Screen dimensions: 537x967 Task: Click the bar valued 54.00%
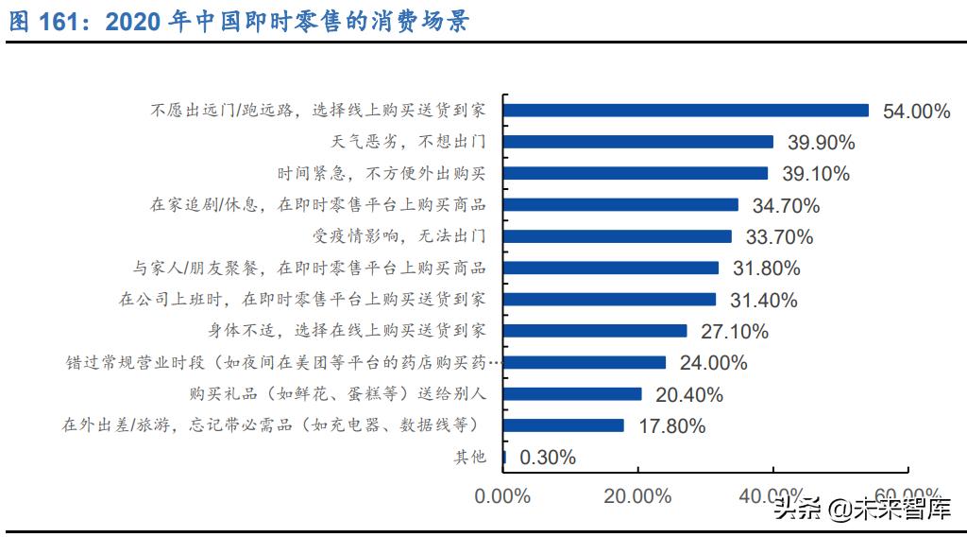[x=686, y=111]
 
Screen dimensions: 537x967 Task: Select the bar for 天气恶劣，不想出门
[x=638, y=142]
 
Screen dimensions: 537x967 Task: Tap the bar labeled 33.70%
[x=618, y=236]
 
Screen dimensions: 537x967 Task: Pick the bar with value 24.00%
[x=585, y=362]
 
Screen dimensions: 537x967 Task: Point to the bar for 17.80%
[x=564, y=425]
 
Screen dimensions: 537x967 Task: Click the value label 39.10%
[x=815, y=174]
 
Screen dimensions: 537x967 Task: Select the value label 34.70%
[x=786, y=205]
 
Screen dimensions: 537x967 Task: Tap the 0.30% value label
[x=548, y=458]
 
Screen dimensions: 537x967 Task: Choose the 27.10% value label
[x=734, y=332]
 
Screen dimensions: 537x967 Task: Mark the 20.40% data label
[x=689, y=394]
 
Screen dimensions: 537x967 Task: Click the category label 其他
[x=469, y=458]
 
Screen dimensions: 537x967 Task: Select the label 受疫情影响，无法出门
[x=399, y=236]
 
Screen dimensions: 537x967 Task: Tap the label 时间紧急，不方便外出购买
[x=382, y=174]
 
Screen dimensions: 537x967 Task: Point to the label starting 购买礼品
[x=338, y=394]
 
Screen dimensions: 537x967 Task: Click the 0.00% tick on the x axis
[x=502, y=495]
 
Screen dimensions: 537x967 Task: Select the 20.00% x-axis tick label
[x=637, y=495]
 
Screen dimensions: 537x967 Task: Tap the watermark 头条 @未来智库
[x=861, y=511]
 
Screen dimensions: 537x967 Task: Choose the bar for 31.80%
[x=611, y=268]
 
